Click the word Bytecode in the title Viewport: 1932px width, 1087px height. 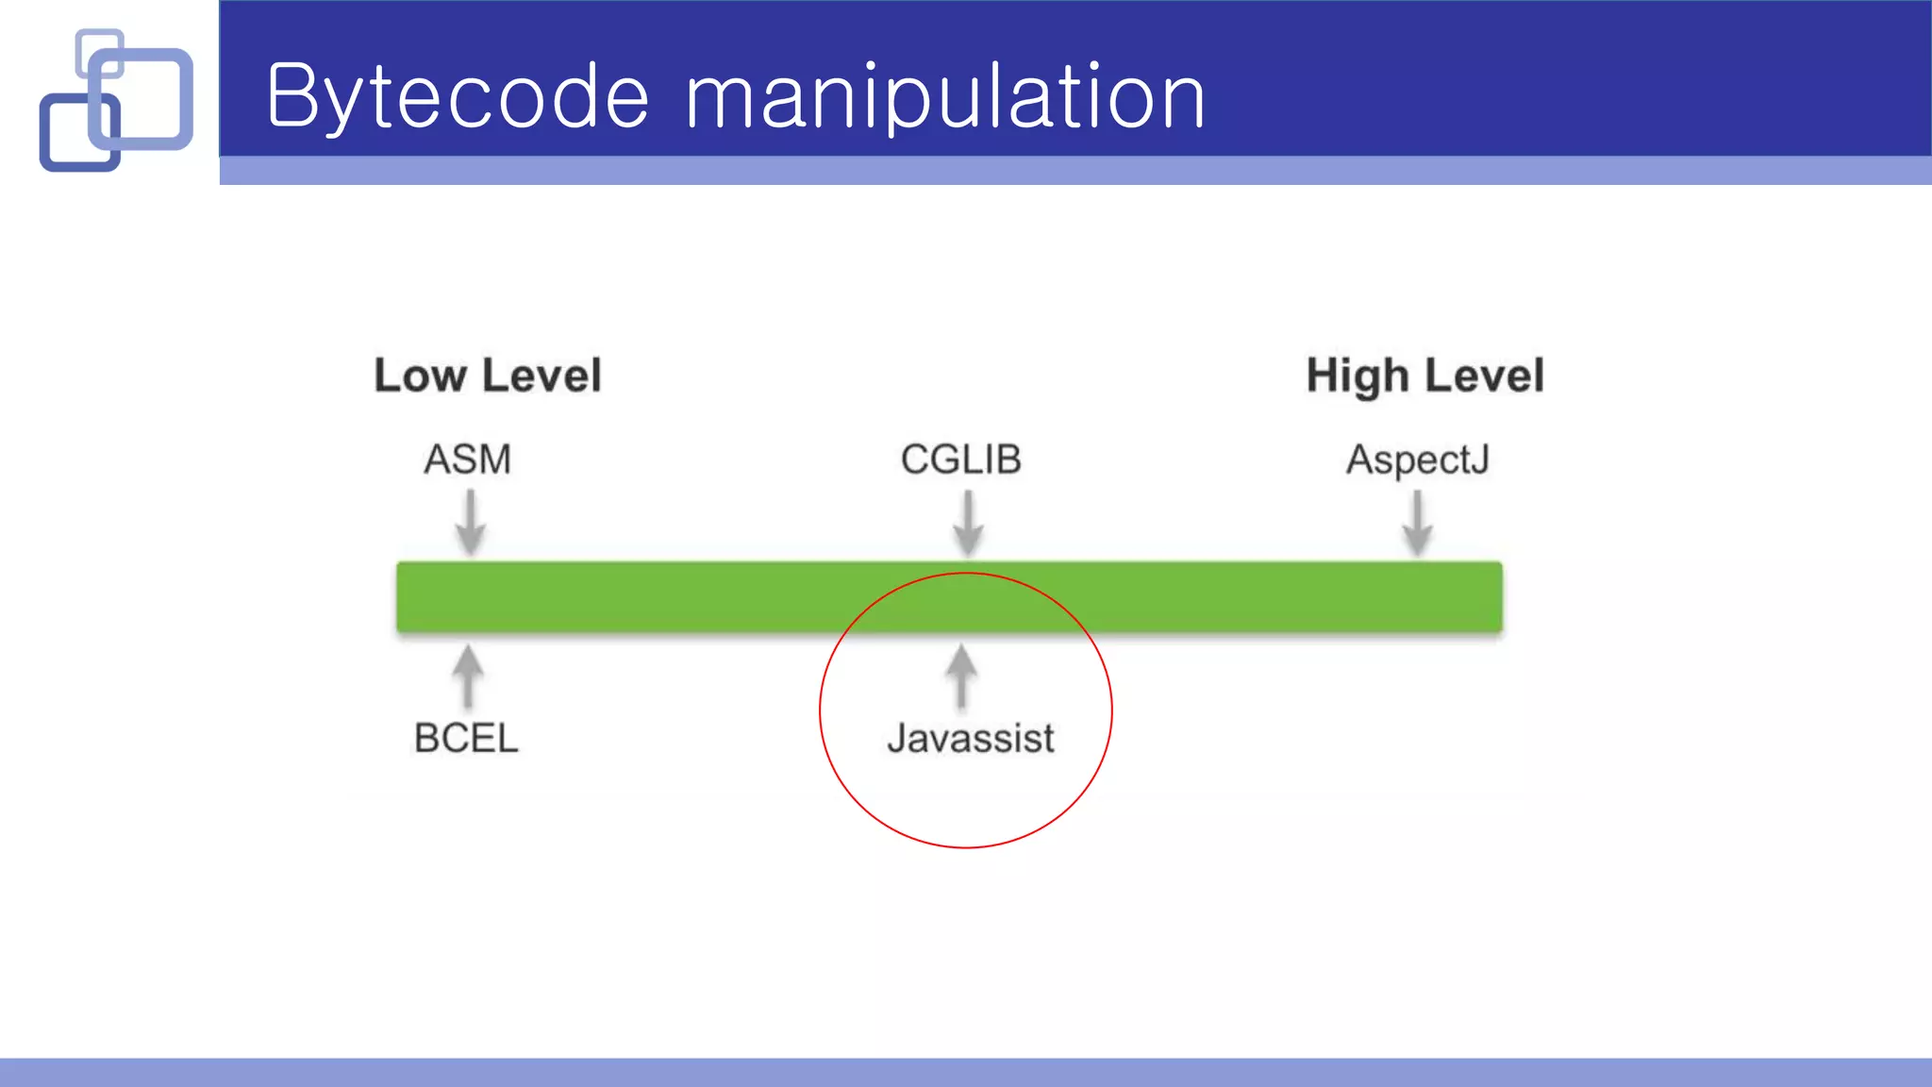tap(458, 96)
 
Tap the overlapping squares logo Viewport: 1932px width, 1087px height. tap(115, 100)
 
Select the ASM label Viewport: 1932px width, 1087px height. tap(467, 460)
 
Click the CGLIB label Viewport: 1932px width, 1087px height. tap(960, 460)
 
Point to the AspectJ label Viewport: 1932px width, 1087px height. tap(1417, 460)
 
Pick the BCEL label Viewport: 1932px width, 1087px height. tap(466, 738)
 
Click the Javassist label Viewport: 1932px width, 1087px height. tap(970, 738)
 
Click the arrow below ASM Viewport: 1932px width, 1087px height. tap(470, 522)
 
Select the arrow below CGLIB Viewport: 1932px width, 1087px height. tap(968, 522)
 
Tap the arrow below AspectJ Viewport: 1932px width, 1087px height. tap(1417, 522)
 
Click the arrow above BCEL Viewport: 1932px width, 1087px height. tap(468, 676)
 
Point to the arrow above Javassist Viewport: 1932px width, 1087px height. tap(961, 676)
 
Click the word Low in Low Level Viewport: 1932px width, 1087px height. tap(420, 376)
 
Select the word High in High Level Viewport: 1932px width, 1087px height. tap(1357, 376)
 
